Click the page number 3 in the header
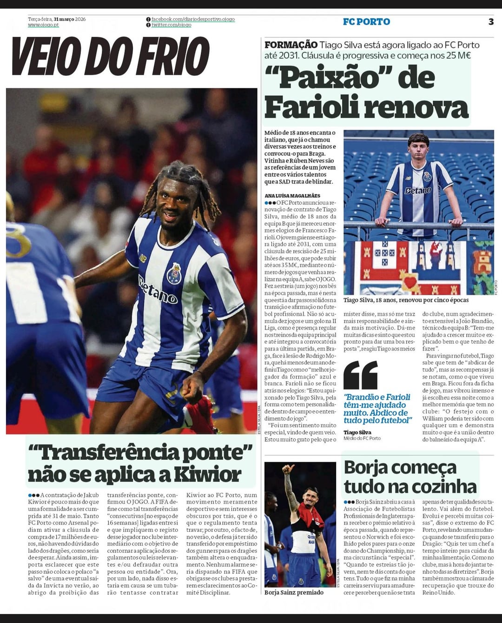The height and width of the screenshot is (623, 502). click(x=491, y=21)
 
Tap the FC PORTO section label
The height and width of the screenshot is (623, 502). click(x=366, y=21)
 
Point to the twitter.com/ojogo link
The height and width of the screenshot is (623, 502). click(x=171, y=25)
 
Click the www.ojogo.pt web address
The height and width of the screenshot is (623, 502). click(x=43, y=25)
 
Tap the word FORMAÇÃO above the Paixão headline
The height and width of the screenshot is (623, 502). click(x=291, y=45)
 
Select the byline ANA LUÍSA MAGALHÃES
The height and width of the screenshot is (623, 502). click(x=292, y=196)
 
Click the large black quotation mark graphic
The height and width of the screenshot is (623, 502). click(x=361, y=375)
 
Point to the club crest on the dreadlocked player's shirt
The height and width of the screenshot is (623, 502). click(x=174, y=273)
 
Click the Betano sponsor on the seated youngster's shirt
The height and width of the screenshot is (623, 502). click(x=417, y=190)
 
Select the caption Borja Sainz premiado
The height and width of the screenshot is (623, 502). click(x=294, y=592)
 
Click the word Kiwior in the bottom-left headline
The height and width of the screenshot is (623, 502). click(x=207, y=475)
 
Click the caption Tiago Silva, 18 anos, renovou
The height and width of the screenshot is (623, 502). click(x=406, y=300)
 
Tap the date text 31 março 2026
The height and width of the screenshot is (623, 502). click(x=70, y=19)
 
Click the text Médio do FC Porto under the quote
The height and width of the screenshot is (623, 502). click(x=362, y=438)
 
